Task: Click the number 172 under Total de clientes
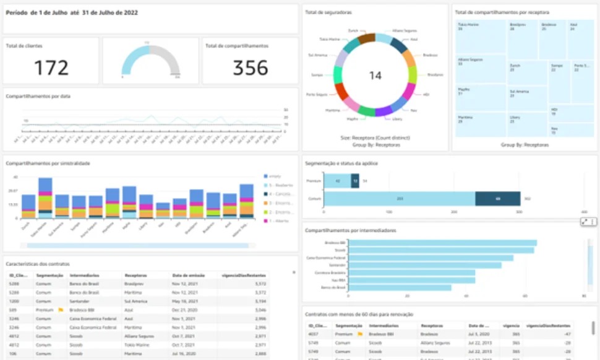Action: [51, 67]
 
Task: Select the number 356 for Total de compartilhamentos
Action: [251, 67]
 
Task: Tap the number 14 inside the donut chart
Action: [375, 75]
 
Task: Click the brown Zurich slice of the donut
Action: [367, 38]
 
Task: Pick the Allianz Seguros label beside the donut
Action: [404, 30]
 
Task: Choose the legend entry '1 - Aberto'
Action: [278, 221]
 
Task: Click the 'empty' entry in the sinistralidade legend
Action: [275, 176]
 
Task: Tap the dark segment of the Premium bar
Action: [354, 181]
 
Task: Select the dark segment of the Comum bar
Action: [497, 199]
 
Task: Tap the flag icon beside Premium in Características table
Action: [61, 310]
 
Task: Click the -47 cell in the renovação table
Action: [565, 333]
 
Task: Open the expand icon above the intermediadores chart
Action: [585, 221]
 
